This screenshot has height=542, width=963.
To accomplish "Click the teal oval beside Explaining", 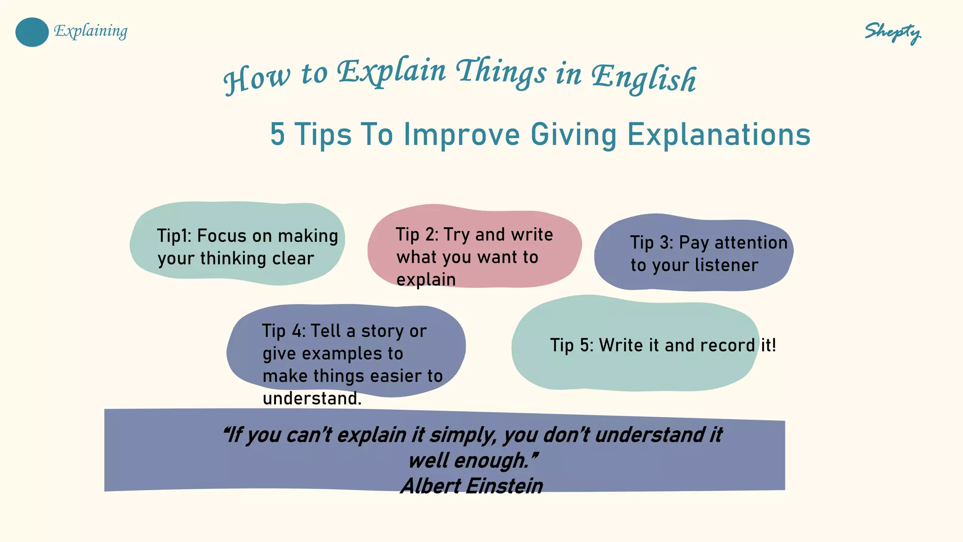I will click(x=32, y=32).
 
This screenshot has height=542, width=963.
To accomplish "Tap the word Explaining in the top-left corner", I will click(x=91, y=31).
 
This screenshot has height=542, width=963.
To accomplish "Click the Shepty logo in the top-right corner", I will click(x=892, y=33).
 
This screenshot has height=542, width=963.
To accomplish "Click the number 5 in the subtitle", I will click(x=277, y=135).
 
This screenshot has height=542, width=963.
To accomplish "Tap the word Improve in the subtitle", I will click(x=462, y=135).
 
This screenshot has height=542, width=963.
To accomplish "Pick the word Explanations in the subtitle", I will click(x=718, y=135).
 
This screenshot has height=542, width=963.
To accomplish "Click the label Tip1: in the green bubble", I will click(x=174, y=236).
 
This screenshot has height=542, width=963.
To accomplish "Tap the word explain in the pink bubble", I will click(x=426, y=279).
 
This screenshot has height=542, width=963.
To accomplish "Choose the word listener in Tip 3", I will click(x=726, y=265).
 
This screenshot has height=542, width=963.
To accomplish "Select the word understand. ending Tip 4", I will click(x=312, y=399).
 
